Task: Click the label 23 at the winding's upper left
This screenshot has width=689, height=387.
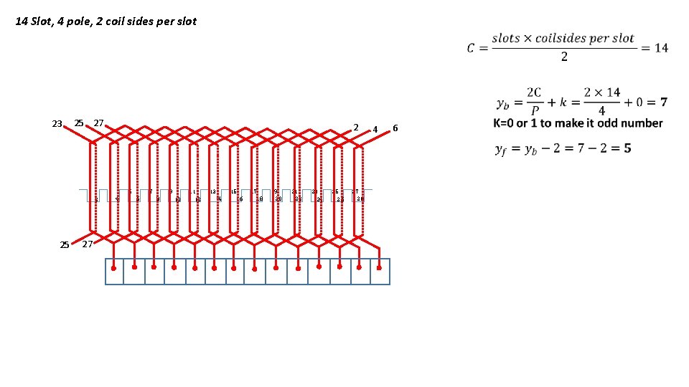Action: (57, 123)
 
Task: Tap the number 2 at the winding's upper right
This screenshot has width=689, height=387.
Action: (355, 127)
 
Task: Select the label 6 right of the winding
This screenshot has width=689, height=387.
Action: (394, 128)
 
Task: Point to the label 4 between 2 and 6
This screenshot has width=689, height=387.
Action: (375, 130)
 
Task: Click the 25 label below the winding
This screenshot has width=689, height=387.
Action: (64, 245)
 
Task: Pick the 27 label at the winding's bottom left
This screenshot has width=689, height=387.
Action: (87, 244)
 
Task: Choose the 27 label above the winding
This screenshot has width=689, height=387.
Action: (99, 123)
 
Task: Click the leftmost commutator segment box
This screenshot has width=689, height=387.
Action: (115, 272)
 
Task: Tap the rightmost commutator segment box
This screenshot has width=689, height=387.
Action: (380, 272)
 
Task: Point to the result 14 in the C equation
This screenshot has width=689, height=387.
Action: (660, 48)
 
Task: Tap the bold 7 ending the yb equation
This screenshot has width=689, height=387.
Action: (663, 102)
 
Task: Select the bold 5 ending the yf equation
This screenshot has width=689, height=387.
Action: (627, 148)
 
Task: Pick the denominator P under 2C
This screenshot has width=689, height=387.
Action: (535, 110)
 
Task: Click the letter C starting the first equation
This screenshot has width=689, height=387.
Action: (470, 48)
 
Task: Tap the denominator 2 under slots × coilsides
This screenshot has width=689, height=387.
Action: (563, 57)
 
